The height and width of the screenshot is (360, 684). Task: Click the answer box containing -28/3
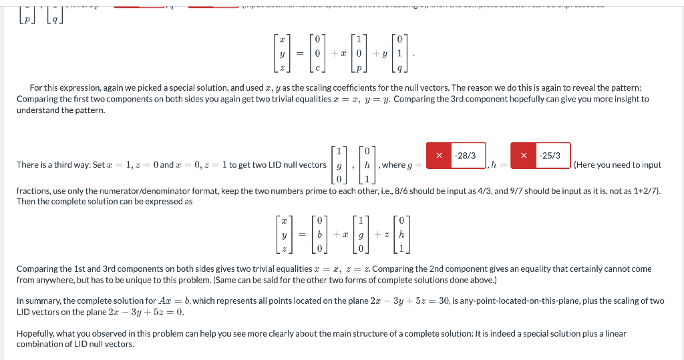pos(465,156)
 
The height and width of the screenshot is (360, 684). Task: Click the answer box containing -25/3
pos(549,156)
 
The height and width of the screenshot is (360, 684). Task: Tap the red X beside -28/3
pos(438,156)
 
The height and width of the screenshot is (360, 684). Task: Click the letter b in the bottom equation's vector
pos(320,234)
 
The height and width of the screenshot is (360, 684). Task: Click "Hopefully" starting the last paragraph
pos(35,333)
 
